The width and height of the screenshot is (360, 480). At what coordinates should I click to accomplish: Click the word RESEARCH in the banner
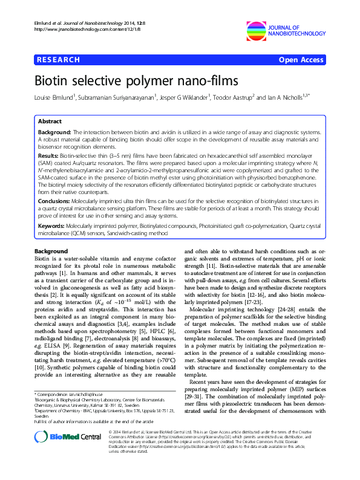click(59, 60)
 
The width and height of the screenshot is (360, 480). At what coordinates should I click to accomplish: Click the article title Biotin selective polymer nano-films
click(128, 80)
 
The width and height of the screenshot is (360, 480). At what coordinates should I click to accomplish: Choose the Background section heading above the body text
click(51, 251)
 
